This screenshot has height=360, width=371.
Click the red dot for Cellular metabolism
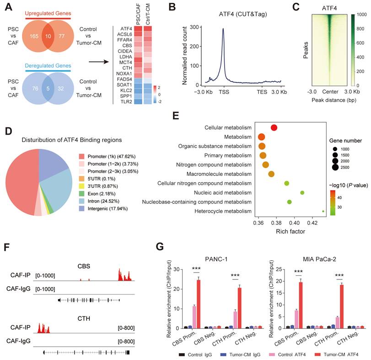click(x=274, y=128)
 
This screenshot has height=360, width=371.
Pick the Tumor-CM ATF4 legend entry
click(x=335, y=354)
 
